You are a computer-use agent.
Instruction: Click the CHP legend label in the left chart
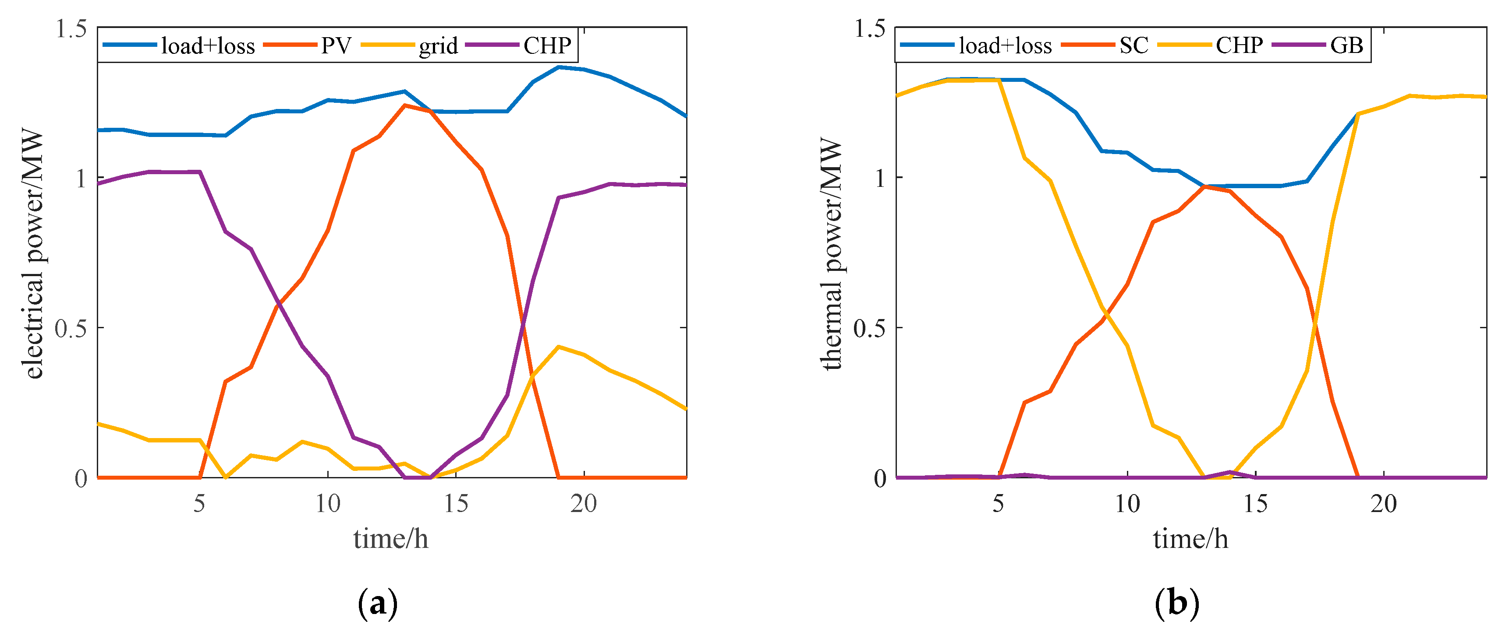point(547,45)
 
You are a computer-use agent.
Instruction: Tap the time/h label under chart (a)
point(391,538)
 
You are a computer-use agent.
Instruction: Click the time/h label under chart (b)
point(1190,538)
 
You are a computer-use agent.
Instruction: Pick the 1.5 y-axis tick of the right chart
point(870,28)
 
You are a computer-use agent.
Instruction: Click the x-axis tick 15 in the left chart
point(456,503)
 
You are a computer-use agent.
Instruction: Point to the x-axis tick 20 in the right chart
point(1384,503)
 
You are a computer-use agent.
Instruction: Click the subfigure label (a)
point(378,603)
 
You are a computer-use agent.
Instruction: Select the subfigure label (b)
point(1177,603)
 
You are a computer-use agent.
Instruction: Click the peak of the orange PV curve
point(404,105)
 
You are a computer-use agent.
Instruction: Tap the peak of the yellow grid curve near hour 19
point(559,347)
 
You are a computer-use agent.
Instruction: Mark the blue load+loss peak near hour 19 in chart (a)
point(559,67)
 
